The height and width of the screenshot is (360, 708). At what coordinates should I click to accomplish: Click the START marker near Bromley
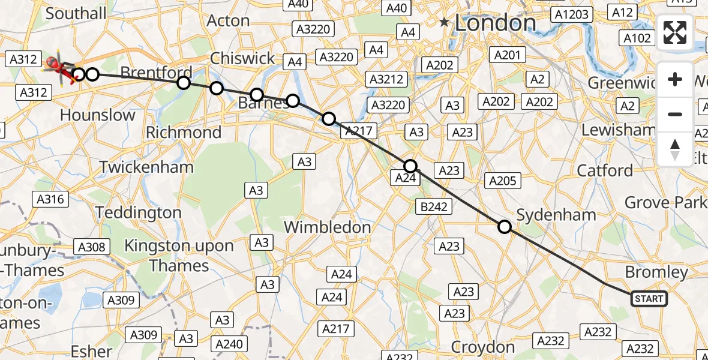649,298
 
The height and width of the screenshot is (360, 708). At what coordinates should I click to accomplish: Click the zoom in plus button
675,80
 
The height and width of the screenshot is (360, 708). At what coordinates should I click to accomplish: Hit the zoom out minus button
675,114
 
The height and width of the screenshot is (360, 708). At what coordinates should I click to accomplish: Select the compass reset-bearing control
675,149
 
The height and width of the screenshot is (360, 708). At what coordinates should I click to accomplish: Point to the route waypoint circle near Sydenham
505,226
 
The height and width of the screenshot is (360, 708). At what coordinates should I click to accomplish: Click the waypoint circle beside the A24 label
410,166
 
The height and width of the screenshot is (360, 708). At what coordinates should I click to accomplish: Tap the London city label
495,23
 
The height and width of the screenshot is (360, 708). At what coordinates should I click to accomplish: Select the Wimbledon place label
327,227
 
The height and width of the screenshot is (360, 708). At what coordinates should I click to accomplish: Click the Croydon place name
483,347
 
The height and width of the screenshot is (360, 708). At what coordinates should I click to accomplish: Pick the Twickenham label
146,166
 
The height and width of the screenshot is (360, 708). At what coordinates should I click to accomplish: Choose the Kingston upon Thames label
179,255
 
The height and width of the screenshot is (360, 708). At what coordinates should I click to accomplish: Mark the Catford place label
605,170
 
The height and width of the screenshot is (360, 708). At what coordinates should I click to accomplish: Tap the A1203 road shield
573,14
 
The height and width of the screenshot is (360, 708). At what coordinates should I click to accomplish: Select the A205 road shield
502,181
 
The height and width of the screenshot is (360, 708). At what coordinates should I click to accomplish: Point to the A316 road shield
52,199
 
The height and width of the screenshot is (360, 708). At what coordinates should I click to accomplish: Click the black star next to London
444,23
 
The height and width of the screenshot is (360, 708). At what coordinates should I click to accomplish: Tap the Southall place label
76,13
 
